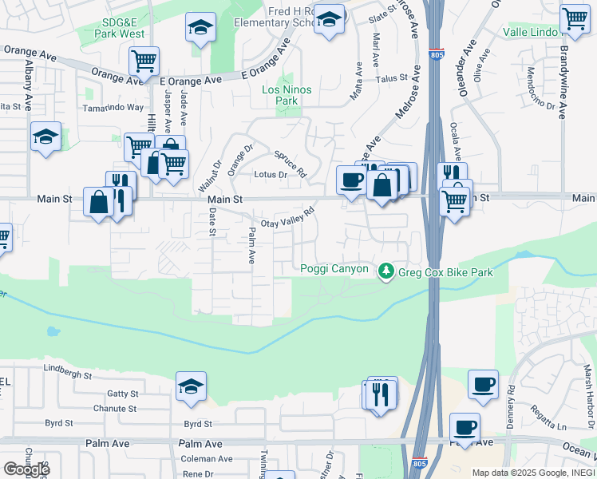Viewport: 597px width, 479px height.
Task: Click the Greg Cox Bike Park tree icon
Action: [x=386, y=271]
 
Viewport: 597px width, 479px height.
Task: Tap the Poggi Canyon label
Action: [x=334, y=269]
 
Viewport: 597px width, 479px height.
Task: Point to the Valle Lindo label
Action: [x=530, y=33]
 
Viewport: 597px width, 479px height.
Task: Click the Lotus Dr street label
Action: [x=270, y=175]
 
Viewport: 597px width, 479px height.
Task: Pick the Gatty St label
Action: [x=123, y=394]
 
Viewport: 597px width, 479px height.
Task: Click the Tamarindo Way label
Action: [x=113, y=107]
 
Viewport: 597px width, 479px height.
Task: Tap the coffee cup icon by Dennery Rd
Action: [x=483, y=384]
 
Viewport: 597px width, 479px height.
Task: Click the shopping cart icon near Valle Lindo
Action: [x=574, y=18]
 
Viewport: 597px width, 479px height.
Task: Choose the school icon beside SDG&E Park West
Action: [x=200, y=28]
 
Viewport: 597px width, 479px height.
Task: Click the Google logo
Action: [x=26, y=469]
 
